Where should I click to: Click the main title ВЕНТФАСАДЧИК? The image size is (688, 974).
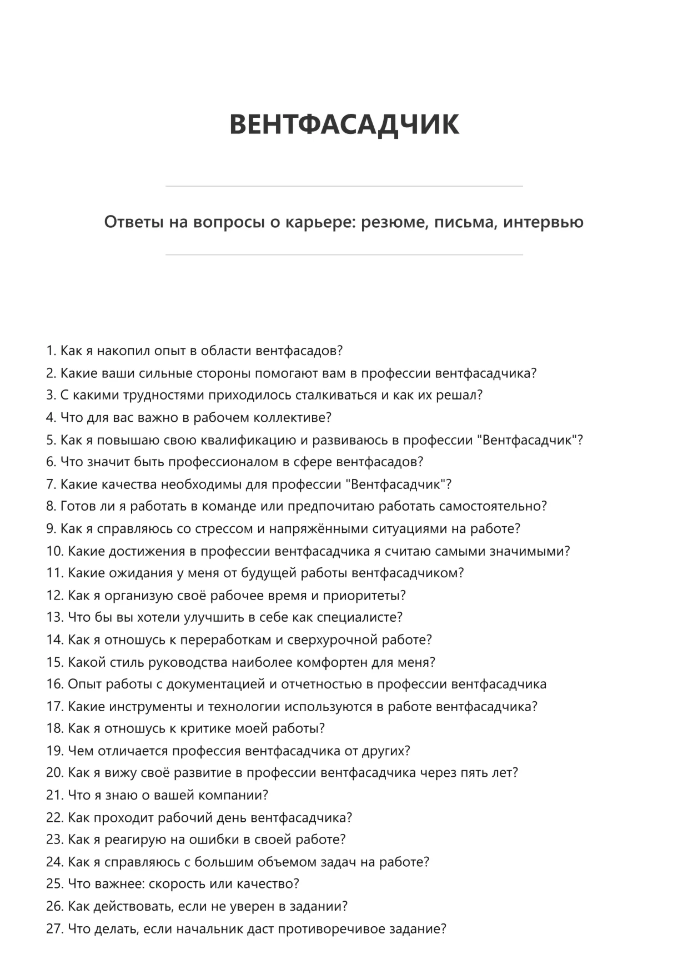pos(344,124)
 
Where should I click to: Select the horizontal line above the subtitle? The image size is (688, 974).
pos(344,186)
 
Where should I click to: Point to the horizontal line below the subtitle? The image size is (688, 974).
pos(344,255)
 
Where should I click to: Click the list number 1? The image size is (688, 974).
pos(51,351)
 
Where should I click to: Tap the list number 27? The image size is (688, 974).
pos(54,928)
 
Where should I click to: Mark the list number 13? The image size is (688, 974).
pos(54,617)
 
